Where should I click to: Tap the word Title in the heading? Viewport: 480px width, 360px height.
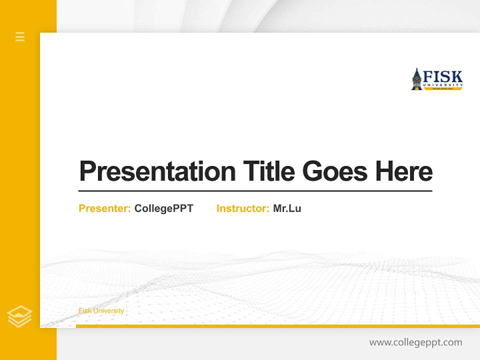(x=269, y=171)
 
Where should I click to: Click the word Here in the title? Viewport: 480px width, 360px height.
(x=404, y=171)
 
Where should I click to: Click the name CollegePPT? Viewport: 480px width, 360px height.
(x=163, y=208)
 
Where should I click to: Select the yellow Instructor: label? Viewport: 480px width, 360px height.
(x=243, y=208)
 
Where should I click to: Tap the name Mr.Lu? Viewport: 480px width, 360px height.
(x=287, y=208)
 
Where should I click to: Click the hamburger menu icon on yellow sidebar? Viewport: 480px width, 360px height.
(x=20, y=36)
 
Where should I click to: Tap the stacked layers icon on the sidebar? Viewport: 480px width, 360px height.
(x=19, y=316)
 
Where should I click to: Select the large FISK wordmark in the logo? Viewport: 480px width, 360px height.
(x=443, y=77)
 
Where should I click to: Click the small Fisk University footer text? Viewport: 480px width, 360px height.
(x=101, y=311)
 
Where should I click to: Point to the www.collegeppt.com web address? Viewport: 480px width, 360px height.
(x=415, y=342)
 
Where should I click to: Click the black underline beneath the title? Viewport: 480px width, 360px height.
(x=255, y=191)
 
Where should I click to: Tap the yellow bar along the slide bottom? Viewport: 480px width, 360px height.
(x=277, y=326)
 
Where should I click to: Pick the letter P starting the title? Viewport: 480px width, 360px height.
(x=87, y=171)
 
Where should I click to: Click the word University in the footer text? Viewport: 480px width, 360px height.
(x=108, y=311)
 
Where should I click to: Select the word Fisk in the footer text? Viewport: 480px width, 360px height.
(x=84, y=311)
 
